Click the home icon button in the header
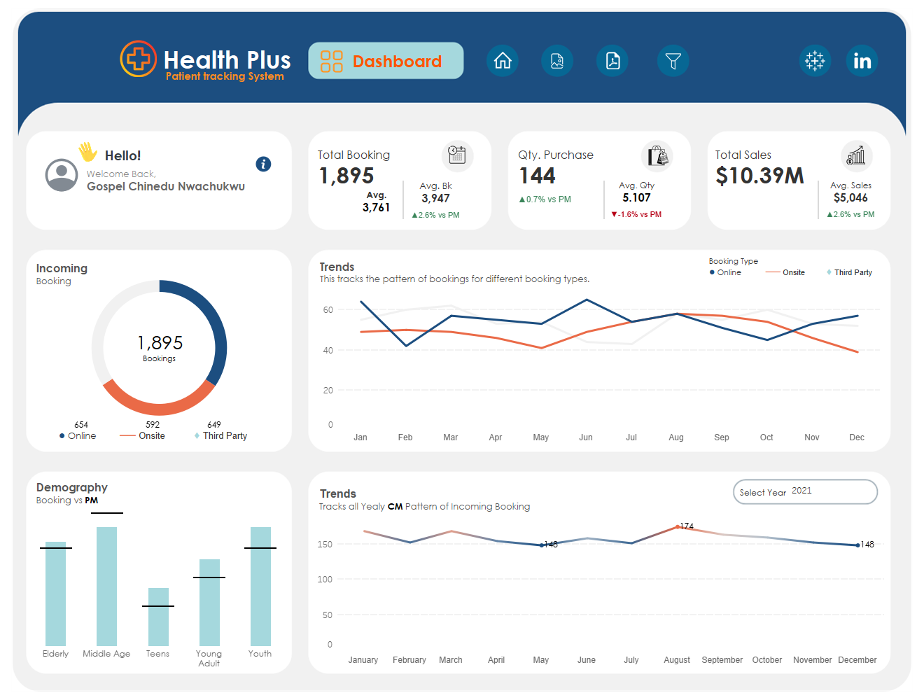point(502,61)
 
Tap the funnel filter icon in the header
point(673,61)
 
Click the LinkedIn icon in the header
point(862,61)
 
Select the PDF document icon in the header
point(612,61)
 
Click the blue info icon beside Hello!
point(263,164)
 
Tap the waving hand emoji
point(88,152)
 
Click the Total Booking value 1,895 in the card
point(346,176)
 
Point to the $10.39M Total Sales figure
point(759,176)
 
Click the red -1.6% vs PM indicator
point(636,214)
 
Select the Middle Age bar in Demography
point(106,586)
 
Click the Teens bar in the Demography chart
point(158,617)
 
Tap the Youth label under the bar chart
point(260,653)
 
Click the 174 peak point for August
point(677,526)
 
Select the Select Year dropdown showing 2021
point(805,491)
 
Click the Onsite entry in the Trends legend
point(785,272)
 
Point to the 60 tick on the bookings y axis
point(328,310)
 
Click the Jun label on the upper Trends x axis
point(586,437)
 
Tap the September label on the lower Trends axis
point(722,659)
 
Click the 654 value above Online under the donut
point(81,425)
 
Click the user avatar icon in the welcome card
point(62,175)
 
